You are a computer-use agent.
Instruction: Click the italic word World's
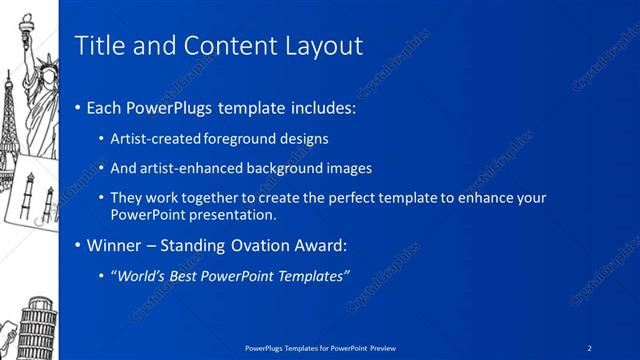[139, 275]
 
